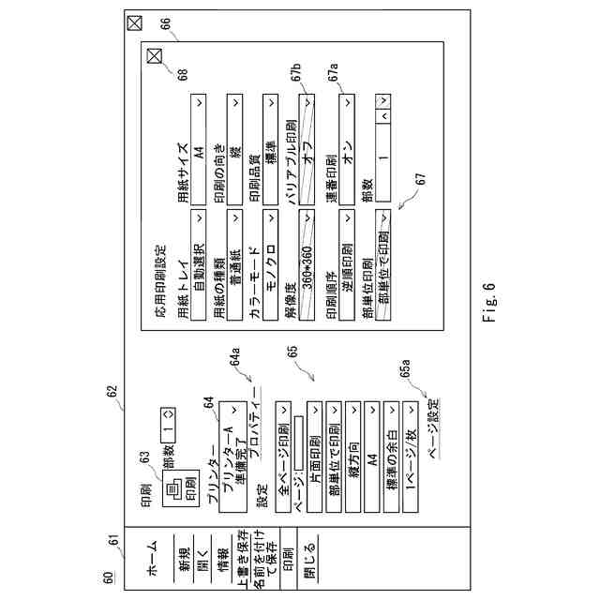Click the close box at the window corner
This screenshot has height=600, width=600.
pyautogui.click(x=134, y=22)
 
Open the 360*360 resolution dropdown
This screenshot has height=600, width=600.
pyautogui.click(x=306, y=245)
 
